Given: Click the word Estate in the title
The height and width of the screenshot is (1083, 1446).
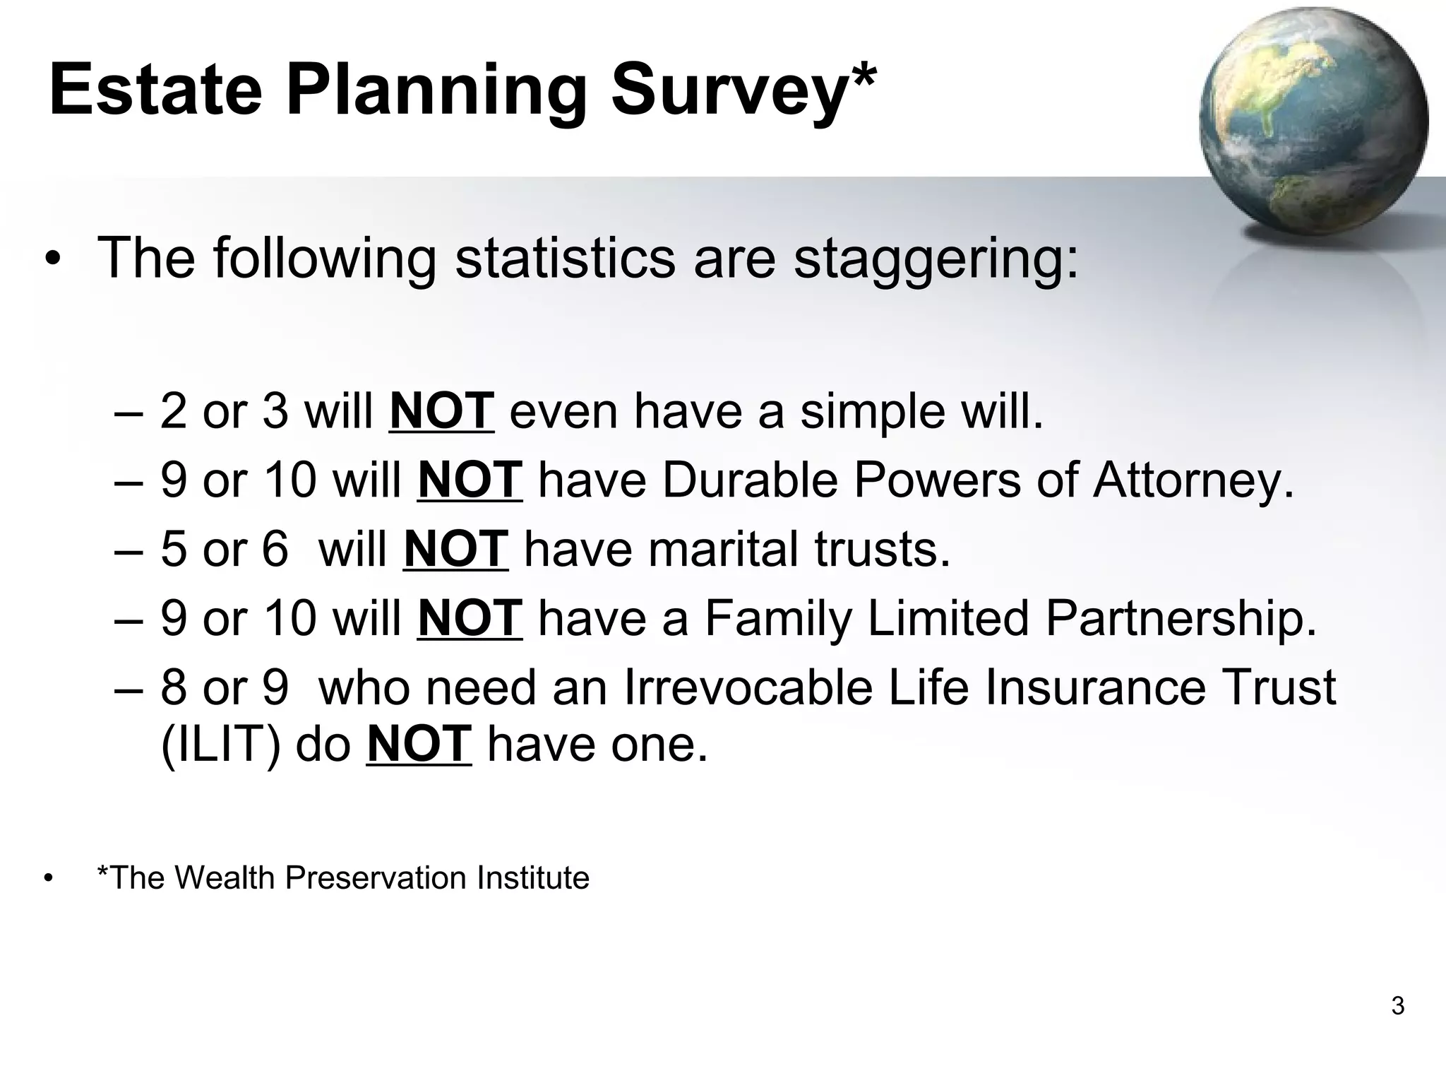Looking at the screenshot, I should (156, 90).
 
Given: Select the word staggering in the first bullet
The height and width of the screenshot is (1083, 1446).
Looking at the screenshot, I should (936, 259).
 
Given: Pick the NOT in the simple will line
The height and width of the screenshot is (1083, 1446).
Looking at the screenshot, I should (441, 410).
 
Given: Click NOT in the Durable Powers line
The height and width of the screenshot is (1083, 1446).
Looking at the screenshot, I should (470, 480).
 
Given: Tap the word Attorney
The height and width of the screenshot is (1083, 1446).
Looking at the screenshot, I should (1193, 480).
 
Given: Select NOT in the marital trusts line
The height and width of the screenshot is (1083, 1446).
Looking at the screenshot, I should (455, 549).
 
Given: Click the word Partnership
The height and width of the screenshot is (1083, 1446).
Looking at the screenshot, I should (1180, 618).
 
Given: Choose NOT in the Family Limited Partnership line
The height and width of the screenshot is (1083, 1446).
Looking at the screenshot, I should (470, 618).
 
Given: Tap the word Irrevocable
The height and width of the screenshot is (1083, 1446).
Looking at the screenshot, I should (748, 687).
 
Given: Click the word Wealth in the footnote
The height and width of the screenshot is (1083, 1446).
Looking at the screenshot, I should (227, 878).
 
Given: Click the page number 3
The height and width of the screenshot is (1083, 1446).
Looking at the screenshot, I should (1397, 1005).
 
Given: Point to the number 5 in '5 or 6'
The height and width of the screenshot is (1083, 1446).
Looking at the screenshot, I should (173, 549).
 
